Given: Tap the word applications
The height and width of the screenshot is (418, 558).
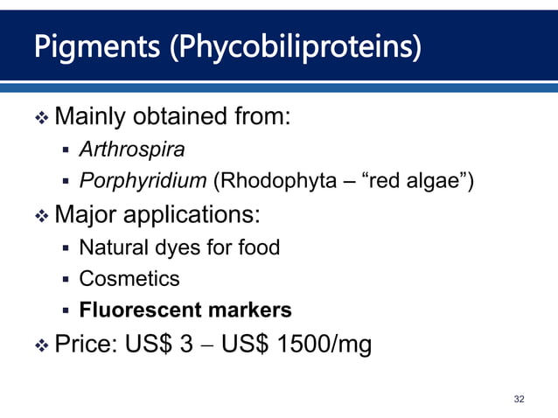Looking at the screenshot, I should (x=193, y=214).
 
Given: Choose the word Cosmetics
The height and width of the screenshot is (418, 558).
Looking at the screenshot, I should (x=129, y=279).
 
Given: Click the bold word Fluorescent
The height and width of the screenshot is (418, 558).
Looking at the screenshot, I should (x=139, y=310).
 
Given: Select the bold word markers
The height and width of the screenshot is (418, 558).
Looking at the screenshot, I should (x=248, y=310).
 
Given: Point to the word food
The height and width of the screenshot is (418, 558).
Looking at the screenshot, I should (x=259, y=247).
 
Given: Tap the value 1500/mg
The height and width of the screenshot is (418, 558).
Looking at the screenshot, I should (x=324, y=345).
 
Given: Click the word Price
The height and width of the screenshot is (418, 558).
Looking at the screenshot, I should (x=87, y=345).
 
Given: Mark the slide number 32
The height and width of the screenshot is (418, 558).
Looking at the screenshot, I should (x=520, y=399).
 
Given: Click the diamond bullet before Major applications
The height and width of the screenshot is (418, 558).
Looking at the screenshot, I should (x=42, y=215).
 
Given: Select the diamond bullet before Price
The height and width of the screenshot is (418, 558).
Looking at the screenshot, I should (x=42, y=345).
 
